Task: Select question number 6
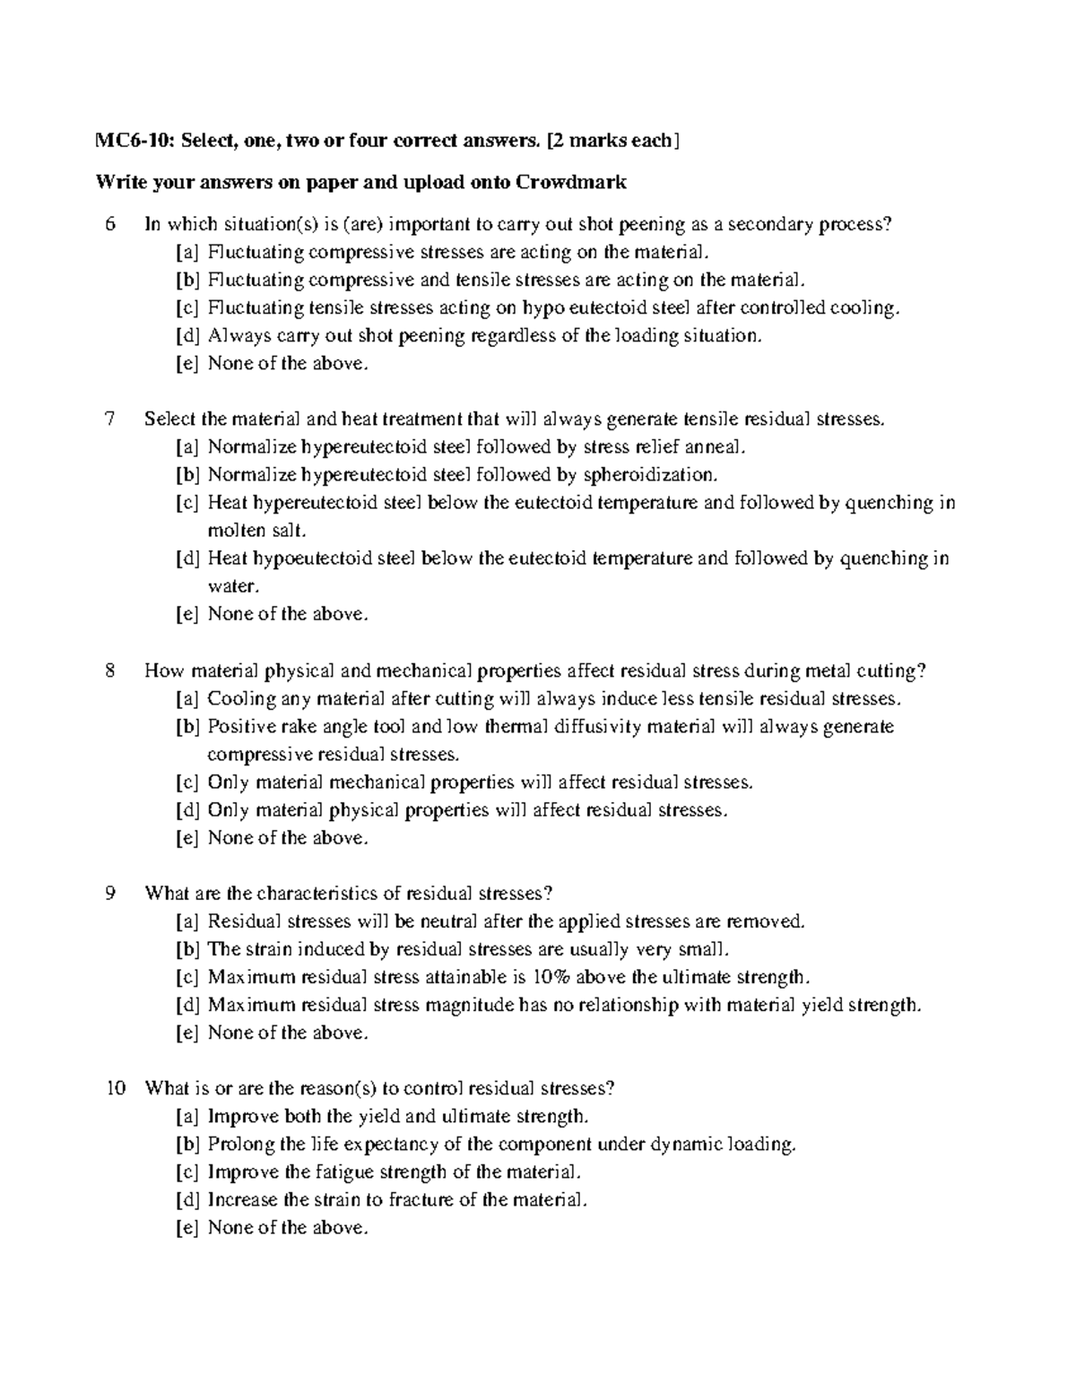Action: (x=109, y=224)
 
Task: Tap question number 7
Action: (x=109, y=419)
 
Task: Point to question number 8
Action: (x=109, y=670)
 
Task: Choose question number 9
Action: (x=109, y=893)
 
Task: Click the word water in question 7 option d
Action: (x=232, y=586)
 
